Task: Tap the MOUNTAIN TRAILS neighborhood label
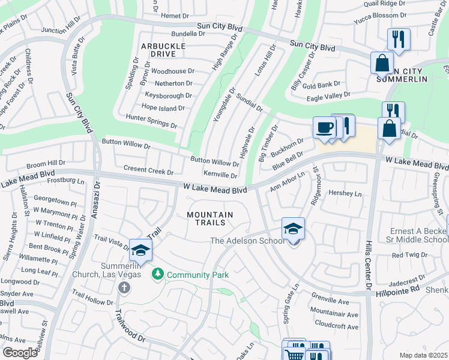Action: pos(209,218)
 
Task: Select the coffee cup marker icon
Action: pos(325,128)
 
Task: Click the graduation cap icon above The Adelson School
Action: pos(293,229)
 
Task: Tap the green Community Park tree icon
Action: pos(158,274)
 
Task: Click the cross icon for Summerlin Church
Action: pos(124,287)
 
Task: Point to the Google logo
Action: pos(20,353)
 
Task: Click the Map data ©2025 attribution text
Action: pos(423,355)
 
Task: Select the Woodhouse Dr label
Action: pos(172,71)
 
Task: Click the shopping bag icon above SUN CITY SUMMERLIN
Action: pos(382,62)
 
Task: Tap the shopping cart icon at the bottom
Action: pos(293,355)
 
